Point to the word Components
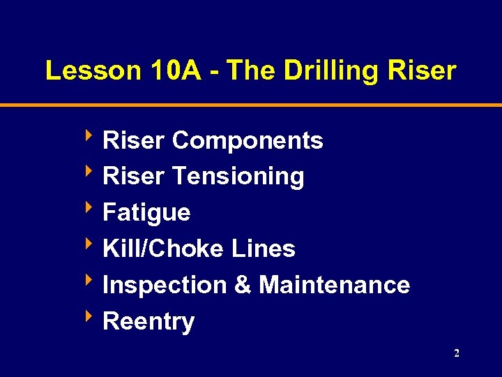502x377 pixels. pyautogui.click(x=248, y=141)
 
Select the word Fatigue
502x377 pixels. pyautogui.click(x=146, y=213)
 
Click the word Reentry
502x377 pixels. pyautogui.click(x=149, y=323)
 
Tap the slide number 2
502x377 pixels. pyautogui.click(x=457, y=354)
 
